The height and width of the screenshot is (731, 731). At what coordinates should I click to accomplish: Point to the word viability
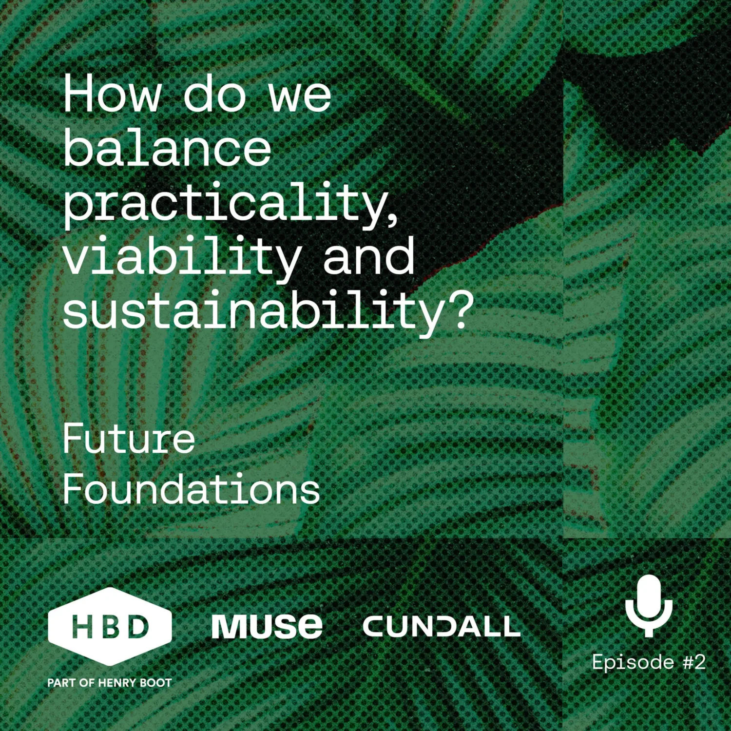(x=182, y=257)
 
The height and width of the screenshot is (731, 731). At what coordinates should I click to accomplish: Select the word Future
(x=129, y=438)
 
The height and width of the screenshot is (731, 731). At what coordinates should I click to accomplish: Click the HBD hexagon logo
(x=110, y=626)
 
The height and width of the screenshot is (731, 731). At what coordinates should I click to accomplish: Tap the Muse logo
(x=267, y=626)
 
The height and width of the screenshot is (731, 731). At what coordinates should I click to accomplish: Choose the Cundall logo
(x=442, y=626)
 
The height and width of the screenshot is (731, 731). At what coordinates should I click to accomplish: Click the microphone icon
(x=649, y=605)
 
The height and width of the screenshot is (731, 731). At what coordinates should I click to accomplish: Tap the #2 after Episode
(x=694, y=662)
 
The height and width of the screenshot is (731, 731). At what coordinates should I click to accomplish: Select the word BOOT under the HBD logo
(x=155, y=683)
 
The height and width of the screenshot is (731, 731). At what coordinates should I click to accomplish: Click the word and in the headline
(x=368, y=257)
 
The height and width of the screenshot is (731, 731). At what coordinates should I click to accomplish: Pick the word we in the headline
(x=300, y=95)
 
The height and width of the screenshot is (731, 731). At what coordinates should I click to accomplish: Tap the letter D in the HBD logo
(x=139, y=626)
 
